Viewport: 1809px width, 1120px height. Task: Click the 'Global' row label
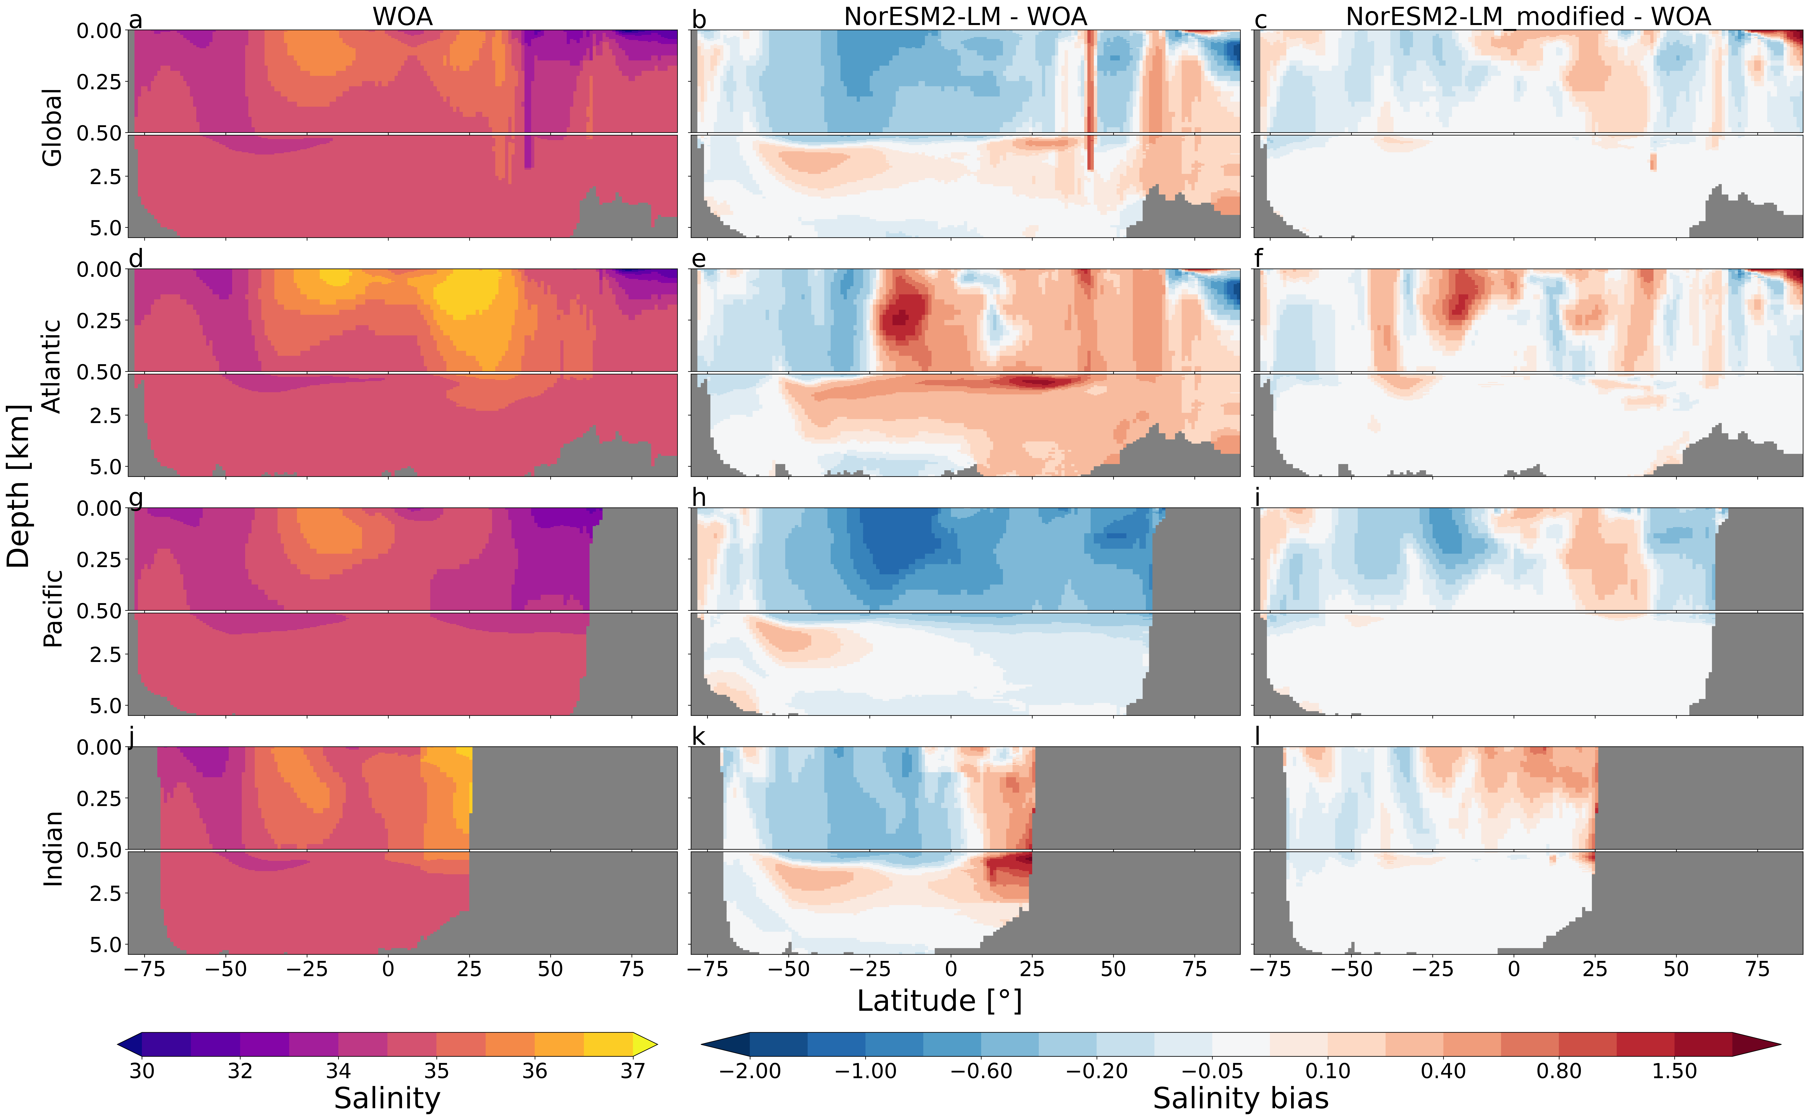point(52,127)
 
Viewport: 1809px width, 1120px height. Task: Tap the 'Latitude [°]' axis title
point(939,1001)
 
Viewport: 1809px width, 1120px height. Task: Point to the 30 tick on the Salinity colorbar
point(141,1071)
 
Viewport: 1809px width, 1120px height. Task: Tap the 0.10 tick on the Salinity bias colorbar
point(1328,1071)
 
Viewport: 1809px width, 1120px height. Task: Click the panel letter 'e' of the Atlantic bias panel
point(699,259)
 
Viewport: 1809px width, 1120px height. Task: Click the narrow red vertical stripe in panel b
point(1090,96)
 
